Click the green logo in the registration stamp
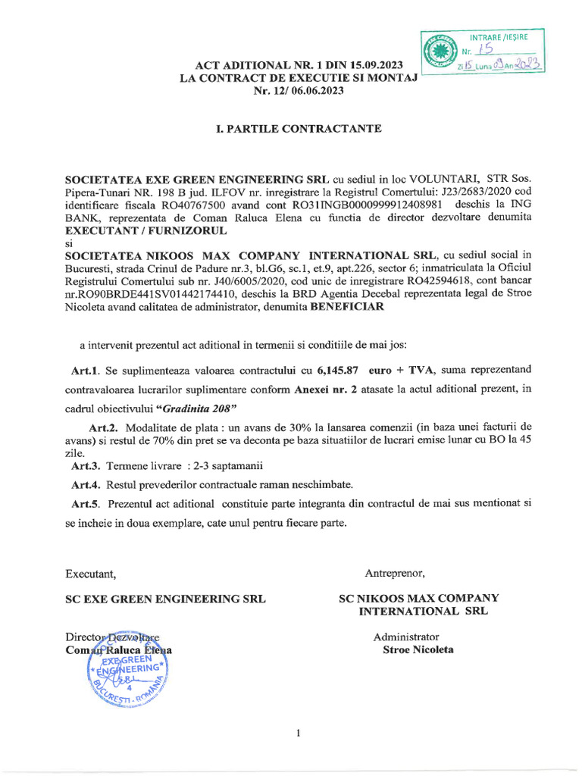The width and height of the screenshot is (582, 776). (439, 52)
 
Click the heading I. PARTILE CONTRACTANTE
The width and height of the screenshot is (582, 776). (299, 129)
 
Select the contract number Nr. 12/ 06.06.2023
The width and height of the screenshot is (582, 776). (299, 91)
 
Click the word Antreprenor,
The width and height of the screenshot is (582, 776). (396, 571)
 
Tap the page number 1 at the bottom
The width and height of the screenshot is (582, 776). (299, 733)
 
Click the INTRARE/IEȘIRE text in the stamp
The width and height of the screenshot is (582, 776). (499, 36)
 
